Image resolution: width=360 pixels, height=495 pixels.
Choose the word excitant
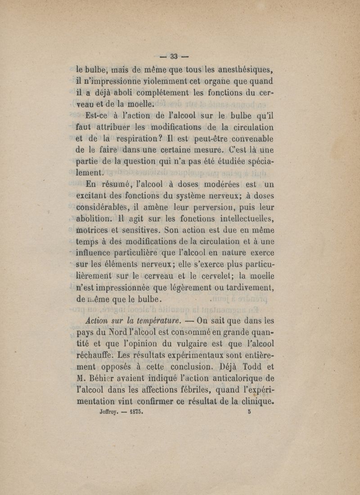(93, 196)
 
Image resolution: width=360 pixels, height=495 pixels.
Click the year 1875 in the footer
(135, 411)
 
